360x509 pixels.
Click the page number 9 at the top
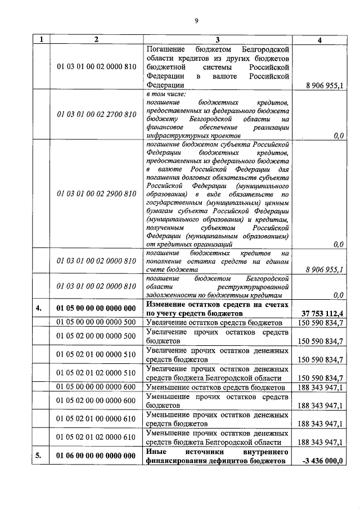click(x=196, y=21)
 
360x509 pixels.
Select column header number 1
click(x=40, y=39)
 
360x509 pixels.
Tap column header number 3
click(x=218, y=39)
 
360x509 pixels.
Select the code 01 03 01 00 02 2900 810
click(x=96, y=194)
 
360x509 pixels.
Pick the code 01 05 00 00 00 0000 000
click(x=96, y=309)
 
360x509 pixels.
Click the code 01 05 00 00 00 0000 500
click(x=96, y=322)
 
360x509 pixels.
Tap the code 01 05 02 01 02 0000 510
click(x=96, y=373)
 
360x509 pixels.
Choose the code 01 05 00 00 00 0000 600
click(x=96, y=388)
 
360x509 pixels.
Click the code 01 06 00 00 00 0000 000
click(x=96, y=456)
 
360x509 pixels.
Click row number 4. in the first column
click(x=39, y=309)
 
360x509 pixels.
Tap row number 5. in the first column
click(x=39, y=456)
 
